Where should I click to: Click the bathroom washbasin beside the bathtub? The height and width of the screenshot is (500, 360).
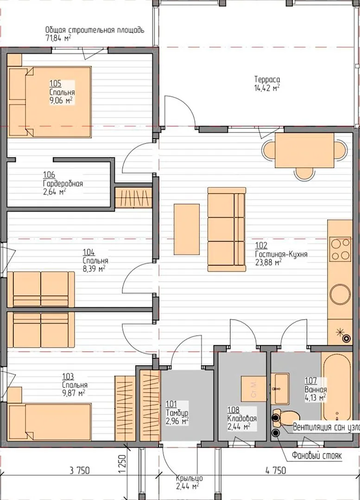pyautogui.click(x=280, y=389)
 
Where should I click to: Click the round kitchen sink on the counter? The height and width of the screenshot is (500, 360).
pyautogui.click(x=340, y=294)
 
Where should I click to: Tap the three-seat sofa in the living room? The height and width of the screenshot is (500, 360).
pyautogui.click(x=227, y=229)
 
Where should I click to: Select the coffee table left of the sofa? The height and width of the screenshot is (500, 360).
pyautogui.click(x=187, y=229)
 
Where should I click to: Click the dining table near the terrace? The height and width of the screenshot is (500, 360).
pyautogui.click(x=304, y=150)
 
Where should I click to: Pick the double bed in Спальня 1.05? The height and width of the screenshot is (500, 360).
pyautogui.click(x=50, y=102)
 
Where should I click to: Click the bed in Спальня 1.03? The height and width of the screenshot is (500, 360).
pyautogui.click(x=50, y=422)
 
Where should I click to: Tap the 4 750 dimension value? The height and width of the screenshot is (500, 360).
pyautogui.click(x=276, y=470)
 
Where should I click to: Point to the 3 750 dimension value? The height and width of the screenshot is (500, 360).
pyautogui.click(x=79, y=470)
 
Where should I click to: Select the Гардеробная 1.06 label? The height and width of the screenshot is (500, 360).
pyautogui.click(x=63, y=184)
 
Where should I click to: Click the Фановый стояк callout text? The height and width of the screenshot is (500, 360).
pyautogui.click(x=316, y=456)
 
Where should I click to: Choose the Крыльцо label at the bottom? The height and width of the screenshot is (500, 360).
pyautogui.click(x=189, y=478)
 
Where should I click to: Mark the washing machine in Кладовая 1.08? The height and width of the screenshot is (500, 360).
pyautogui.click(x=253, y=389)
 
